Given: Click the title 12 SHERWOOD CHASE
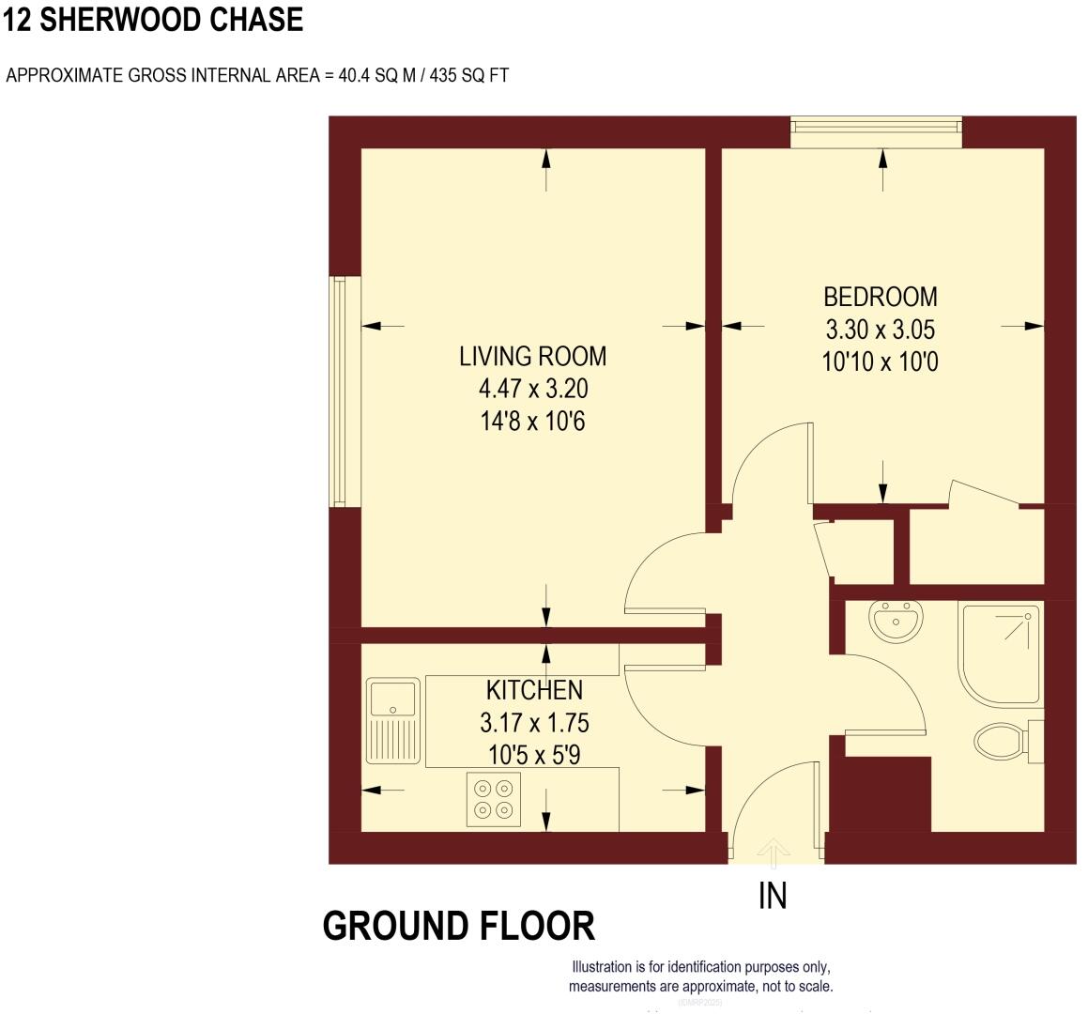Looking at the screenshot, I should pos(154,21).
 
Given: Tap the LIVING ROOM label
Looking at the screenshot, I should pos(532,357).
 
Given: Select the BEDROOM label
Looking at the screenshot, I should pos(880,297).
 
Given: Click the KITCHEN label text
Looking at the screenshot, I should pos(534,690).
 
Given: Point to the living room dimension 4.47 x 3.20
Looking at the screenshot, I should pos(532,389).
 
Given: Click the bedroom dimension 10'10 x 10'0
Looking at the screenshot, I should pos(880,361).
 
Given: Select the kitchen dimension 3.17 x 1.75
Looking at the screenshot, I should pos(534,723).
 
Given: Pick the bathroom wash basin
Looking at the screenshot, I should pos(896,621).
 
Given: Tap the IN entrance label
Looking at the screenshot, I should pos(772,897).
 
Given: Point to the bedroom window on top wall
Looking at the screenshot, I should pos(877,131).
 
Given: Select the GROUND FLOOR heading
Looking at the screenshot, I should pos(458,926).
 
